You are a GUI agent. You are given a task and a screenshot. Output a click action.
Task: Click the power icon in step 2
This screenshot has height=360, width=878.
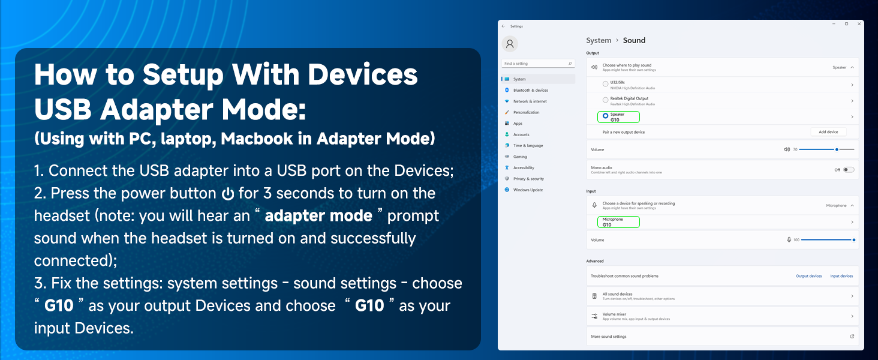tap(227, 194)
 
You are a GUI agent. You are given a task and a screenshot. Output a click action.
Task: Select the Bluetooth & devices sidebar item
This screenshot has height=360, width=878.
tap(530, 90)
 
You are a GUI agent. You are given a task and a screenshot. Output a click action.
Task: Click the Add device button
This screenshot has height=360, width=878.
tap(828, 132)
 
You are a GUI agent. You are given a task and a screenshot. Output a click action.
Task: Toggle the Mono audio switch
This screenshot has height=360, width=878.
tap(848, 170)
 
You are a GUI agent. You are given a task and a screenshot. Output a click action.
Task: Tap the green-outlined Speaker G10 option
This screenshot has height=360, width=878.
tap(618, 117)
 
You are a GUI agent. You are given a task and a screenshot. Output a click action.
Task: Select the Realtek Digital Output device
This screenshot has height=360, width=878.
tap(629, 100)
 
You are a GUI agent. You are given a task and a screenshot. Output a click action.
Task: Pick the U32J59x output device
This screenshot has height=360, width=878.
tap(618, 85)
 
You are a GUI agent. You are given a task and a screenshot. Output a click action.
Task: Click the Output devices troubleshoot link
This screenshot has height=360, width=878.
tap(808, 276)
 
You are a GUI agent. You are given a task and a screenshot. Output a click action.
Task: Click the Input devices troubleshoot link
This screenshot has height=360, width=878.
tap(841, 276)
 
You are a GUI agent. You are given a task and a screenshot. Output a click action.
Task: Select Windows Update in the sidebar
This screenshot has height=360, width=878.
tap(528, 190)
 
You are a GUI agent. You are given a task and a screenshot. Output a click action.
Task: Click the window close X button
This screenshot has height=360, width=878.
tap(858, 24)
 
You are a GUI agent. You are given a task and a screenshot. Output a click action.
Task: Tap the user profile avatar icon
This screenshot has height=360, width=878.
tap(510, 44)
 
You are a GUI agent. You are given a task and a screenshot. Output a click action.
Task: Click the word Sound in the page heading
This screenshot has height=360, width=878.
tap(634, 40)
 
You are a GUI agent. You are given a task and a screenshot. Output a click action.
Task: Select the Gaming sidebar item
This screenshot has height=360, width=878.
tap(520, 157)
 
